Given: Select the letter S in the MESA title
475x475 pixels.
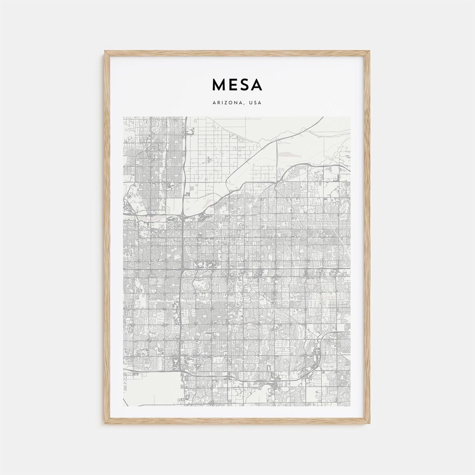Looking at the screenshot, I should click(245, 85).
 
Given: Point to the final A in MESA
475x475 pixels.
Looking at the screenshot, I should click(257, 85).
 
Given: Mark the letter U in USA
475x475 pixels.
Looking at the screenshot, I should click(250, 103).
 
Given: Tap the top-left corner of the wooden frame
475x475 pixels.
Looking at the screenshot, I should click(106, 52).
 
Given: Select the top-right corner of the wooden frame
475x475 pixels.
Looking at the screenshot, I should click(369, 52).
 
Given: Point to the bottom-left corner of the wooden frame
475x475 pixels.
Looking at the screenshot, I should click(106, 423).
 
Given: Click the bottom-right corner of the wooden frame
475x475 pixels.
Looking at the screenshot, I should click(369, 423).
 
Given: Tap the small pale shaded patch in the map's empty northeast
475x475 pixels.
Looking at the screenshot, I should click(288, 154).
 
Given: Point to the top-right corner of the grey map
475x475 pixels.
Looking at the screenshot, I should click(350, 117).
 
